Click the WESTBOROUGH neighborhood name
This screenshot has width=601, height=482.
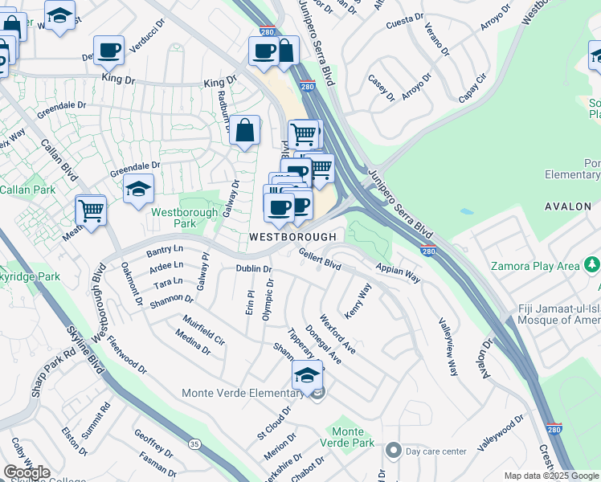click(292, 238)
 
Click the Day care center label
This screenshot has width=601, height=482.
click(436, 451)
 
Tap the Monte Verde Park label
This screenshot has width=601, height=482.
click(353, 437)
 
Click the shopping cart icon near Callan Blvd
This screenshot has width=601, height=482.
click(91, 211)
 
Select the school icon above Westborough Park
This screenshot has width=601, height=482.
click(139, 190)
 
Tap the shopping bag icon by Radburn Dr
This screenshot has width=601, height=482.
click(245, 129)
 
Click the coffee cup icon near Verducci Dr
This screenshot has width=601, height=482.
click(108, 51)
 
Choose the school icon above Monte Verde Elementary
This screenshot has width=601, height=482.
click(307, 375)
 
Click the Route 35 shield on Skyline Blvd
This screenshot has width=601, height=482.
click(193, 443)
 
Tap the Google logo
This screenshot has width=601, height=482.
click(27, 472)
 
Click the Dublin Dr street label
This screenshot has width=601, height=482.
click(253, 269)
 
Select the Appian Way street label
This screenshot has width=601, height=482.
click(397, 273)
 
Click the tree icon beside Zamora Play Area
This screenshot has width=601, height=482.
click(591, 264)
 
